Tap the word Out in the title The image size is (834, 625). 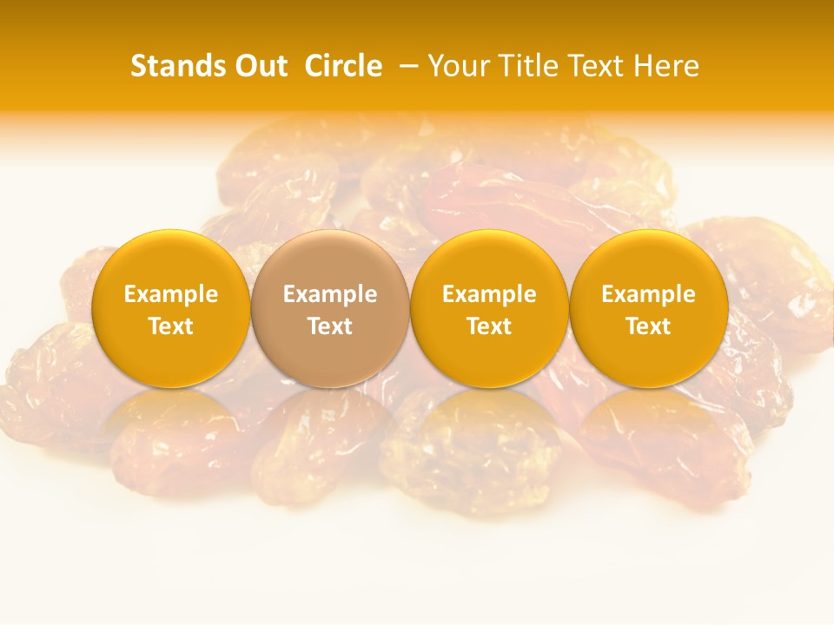[258, 66]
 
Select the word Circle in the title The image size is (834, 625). [342, 66]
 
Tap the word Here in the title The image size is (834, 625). [666, 66]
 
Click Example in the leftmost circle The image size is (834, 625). [171, 294]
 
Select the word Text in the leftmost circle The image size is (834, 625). [171, 326]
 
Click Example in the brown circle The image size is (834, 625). [330, 294]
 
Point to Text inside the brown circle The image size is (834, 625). [330, 326]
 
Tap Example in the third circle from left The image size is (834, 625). [489, 294]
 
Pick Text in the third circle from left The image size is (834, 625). [489, 326]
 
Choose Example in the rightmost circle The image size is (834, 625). [648, 294]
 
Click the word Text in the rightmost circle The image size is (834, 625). [648, 326]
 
